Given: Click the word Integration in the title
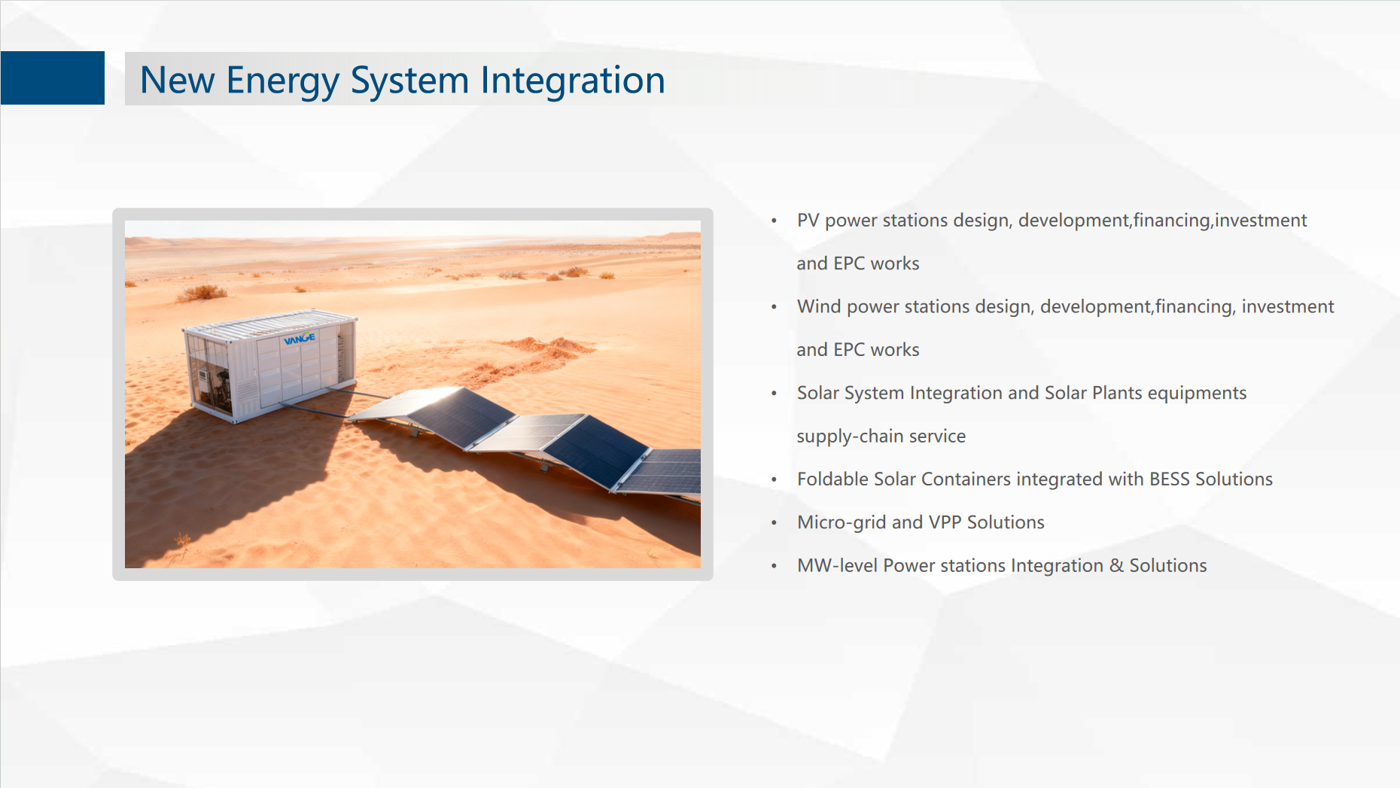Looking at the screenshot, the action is coord(573,81).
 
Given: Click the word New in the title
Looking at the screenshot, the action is coord(178,81).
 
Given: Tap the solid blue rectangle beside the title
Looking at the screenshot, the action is coord(53,78).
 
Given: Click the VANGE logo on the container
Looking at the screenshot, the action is coord(300,339).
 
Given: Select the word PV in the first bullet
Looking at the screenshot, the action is coord(808,221).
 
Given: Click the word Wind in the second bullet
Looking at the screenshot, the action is coord(819,307).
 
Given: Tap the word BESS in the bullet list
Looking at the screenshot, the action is coord(1170,479).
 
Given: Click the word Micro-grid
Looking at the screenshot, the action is coord(842,523).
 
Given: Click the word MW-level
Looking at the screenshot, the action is coord(838,566).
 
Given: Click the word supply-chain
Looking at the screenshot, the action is coord(848,437).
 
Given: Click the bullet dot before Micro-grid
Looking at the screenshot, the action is coord(774,523).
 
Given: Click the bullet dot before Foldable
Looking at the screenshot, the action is coord(774,480).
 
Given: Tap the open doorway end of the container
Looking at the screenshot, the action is coord(210,381).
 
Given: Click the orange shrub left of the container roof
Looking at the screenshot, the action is coord(202,292).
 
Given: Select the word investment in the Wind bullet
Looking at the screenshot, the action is coord(1287,307).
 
